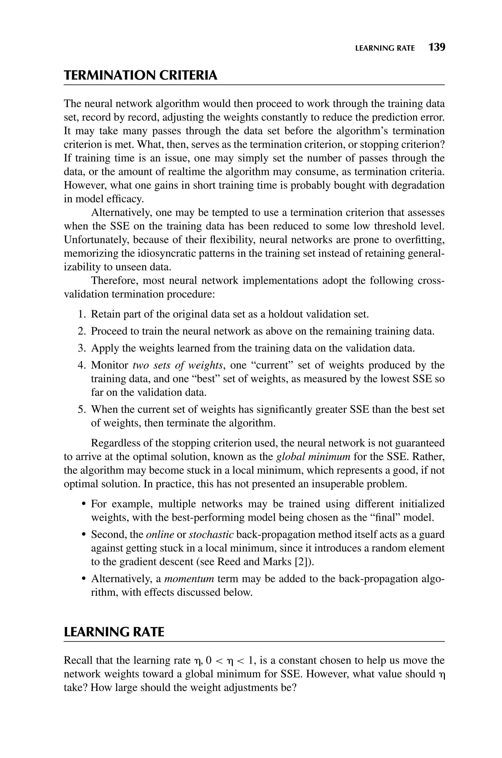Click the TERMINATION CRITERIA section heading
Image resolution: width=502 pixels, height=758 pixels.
140,76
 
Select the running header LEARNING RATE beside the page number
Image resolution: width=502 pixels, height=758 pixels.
385,48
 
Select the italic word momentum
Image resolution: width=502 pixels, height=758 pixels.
189,579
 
